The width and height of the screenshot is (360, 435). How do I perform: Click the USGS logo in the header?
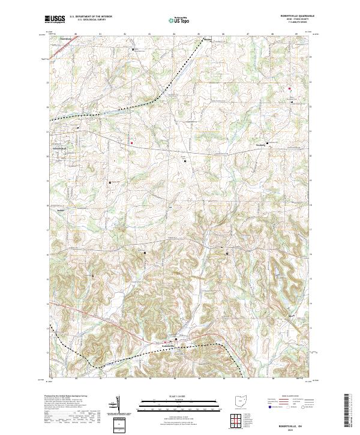(55, 19)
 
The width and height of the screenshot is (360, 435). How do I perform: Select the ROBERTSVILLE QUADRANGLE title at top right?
(292, 16)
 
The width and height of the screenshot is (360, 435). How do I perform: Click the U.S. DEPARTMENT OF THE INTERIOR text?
(91, 17)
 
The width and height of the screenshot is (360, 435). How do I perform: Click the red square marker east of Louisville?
(131, 143)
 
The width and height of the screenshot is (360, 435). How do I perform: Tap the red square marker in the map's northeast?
(289, 89)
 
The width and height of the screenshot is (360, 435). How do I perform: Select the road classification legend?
(288, 402)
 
